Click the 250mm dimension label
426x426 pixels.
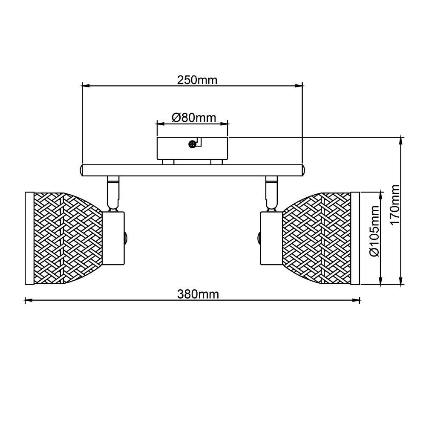(197, 80)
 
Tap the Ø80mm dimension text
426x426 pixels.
(194, 118)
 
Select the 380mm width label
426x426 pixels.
(198, 294)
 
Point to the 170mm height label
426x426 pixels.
(395, 204)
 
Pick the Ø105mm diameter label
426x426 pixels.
(374, 231)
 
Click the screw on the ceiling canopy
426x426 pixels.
(193, 144)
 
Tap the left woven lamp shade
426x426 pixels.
(68, 239)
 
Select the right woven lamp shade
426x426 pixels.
(317, 239)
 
